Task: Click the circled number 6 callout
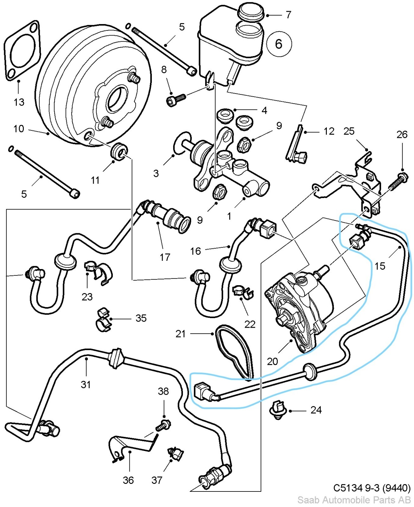pos(279,44)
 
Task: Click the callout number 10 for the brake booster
pos(19,129)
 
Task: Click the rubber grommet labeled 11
pos(119,151)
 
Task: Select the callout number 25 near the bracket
pos(349,131)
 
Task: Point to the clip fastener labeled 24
pos(278,410)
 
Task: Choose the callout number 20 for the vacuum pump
pos(272,361)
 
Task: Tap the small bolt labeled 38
pos(163,425)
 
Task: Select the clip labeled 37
pos(175,454)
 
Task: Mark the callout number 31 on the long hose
pos(86,384)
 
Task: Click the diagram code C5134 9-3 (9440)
pos(372,488)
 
